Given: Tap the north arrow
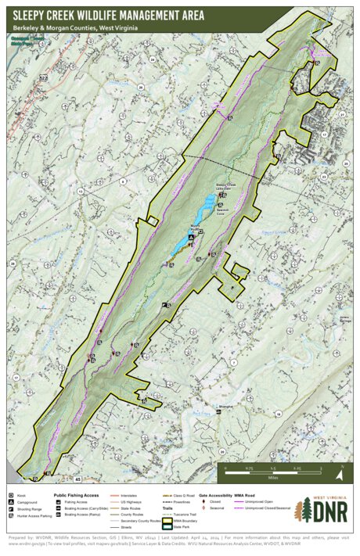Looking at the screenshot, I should (x=340, y=472).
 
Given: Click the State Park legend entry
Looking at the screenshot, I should (x=180, y=527).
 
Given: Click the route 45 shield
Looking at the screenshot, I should (x=77, y=478).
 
